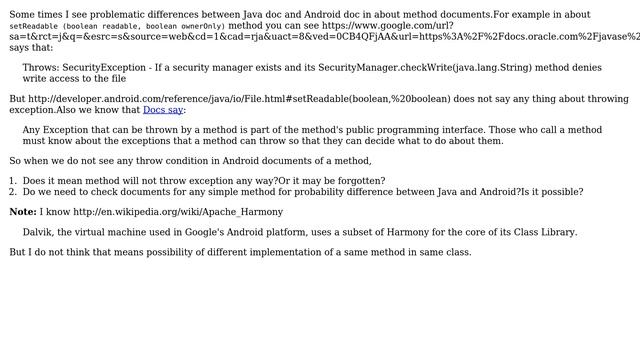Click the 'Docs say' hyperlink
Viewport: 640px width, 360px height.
click(x=163, y=110)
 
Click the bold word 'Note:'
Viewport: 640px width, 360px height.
click(x=23, y=212)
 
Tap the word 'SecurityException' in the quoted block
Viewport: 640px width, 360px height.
click(x=105, y=67)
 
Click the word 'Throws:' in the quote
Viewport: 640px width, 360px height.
click(x=42, y=67)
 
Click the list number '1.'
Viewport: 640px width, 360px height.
click(x=13, y=181)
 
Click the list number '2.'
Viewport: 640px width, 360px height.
click(x=13, y=191)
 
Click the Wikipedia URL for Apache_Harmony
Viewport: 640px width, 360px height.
click(x=178, y=212)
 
